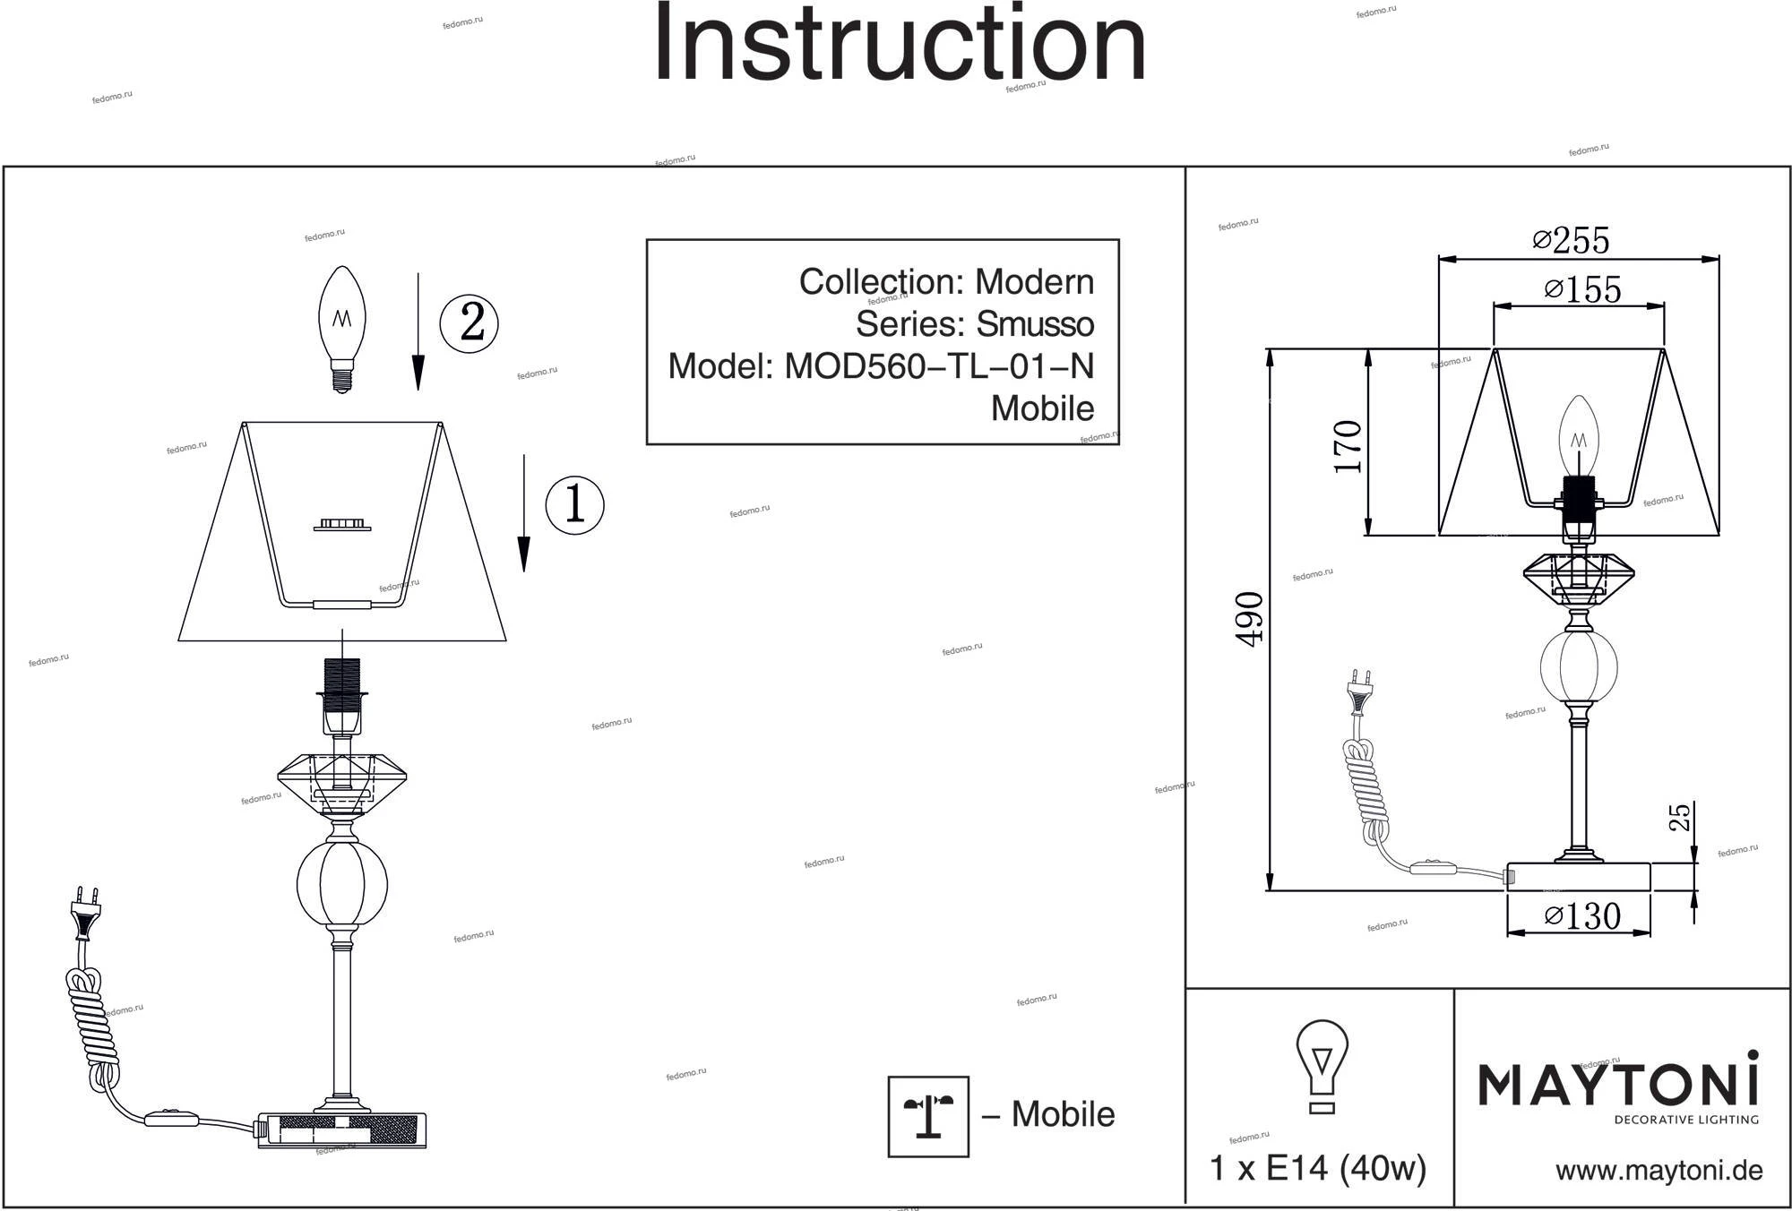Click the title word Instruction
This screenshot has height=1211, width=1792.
[x=900, y=43]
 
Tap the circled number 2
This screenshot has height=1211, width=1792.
[x=470, y=322]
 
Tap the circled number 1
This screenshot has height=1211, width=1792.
[x=574, y=504]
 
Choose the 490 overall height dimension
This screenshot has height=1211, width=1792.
[x=1250, y=618]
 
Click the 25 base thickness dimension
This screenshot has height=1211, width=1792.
[x=1680, y=817]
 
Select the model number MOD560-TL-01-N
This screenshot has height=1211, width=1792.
[x=939, y=366]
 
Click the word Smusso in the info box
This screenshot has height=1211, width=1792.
[x=1034, y=324]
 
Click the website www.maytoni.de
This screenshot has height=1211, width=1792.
[x=1659, y=1171]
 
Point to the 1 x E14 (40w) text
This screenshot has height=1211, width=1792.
[x=1317, y=1168]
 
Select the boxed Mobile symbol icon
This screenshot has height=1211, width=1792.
[x=928, y=1116]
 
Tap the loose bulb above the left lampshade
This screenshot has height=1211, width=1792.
[x=342, y=328]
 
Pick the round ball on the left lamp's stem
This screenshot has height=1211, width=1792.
[x=341, y=882]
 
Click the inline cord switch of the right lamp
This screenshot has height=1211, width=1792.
[x=1432, y=868]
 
